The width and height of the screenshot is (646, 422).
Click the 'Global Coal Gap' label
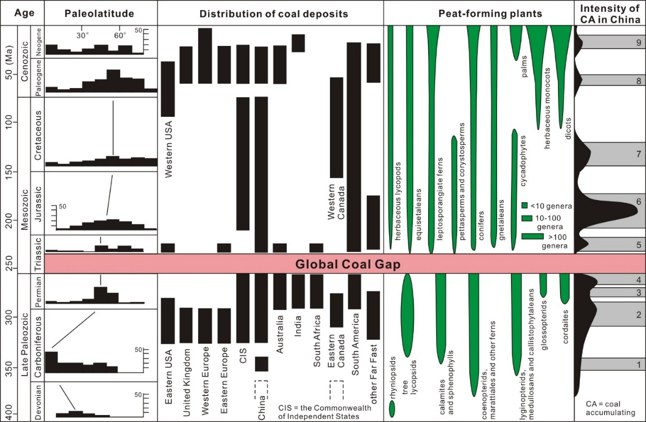tap(348, 264)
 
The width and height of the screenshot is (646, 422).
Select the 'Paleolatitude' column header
tap(99, 13)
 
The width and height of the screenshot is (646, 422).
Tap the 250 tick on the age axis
tap(12, 264)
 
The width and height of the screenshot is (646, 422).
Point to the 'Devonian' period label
tap(37, 402)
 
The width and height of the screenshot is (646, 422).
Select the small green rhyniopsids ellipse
tap(392, 408)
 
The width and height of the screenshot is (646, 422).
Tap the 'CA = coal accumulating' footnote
tap(608, 408)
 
